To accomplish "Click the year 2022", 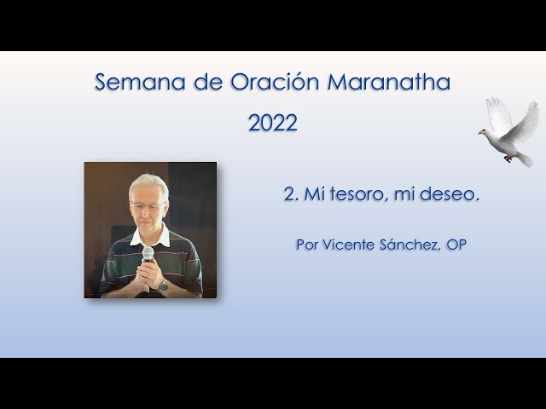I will [273, 123].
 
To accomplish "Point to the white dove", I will [509, 133].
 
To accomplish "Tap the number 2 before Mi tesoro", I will [288, 194].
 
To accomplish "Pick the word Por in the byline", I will [306, 245].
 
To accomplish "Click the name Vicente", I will [350, 245].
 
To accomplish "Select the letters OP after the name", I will [456, 245].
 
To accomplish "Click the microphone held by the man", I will [148, 256].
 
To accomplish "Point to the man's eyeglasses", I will [148, 206].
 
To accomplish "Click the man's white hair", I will [149, 184].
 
